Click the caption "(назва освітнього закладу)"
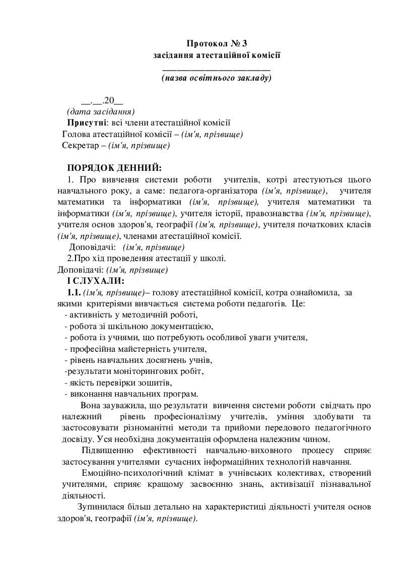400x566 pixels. coord(217,78)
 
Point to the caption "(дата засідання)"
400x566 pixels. coord(100,111)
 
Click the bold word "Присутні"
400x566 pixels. coord(87,122)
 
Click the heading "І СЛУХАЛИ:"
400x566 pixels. coord(95,280)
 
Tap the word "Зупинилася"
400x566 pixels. coord(98,507)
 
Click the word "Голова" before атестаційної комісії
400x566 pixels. coord(75,134)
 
